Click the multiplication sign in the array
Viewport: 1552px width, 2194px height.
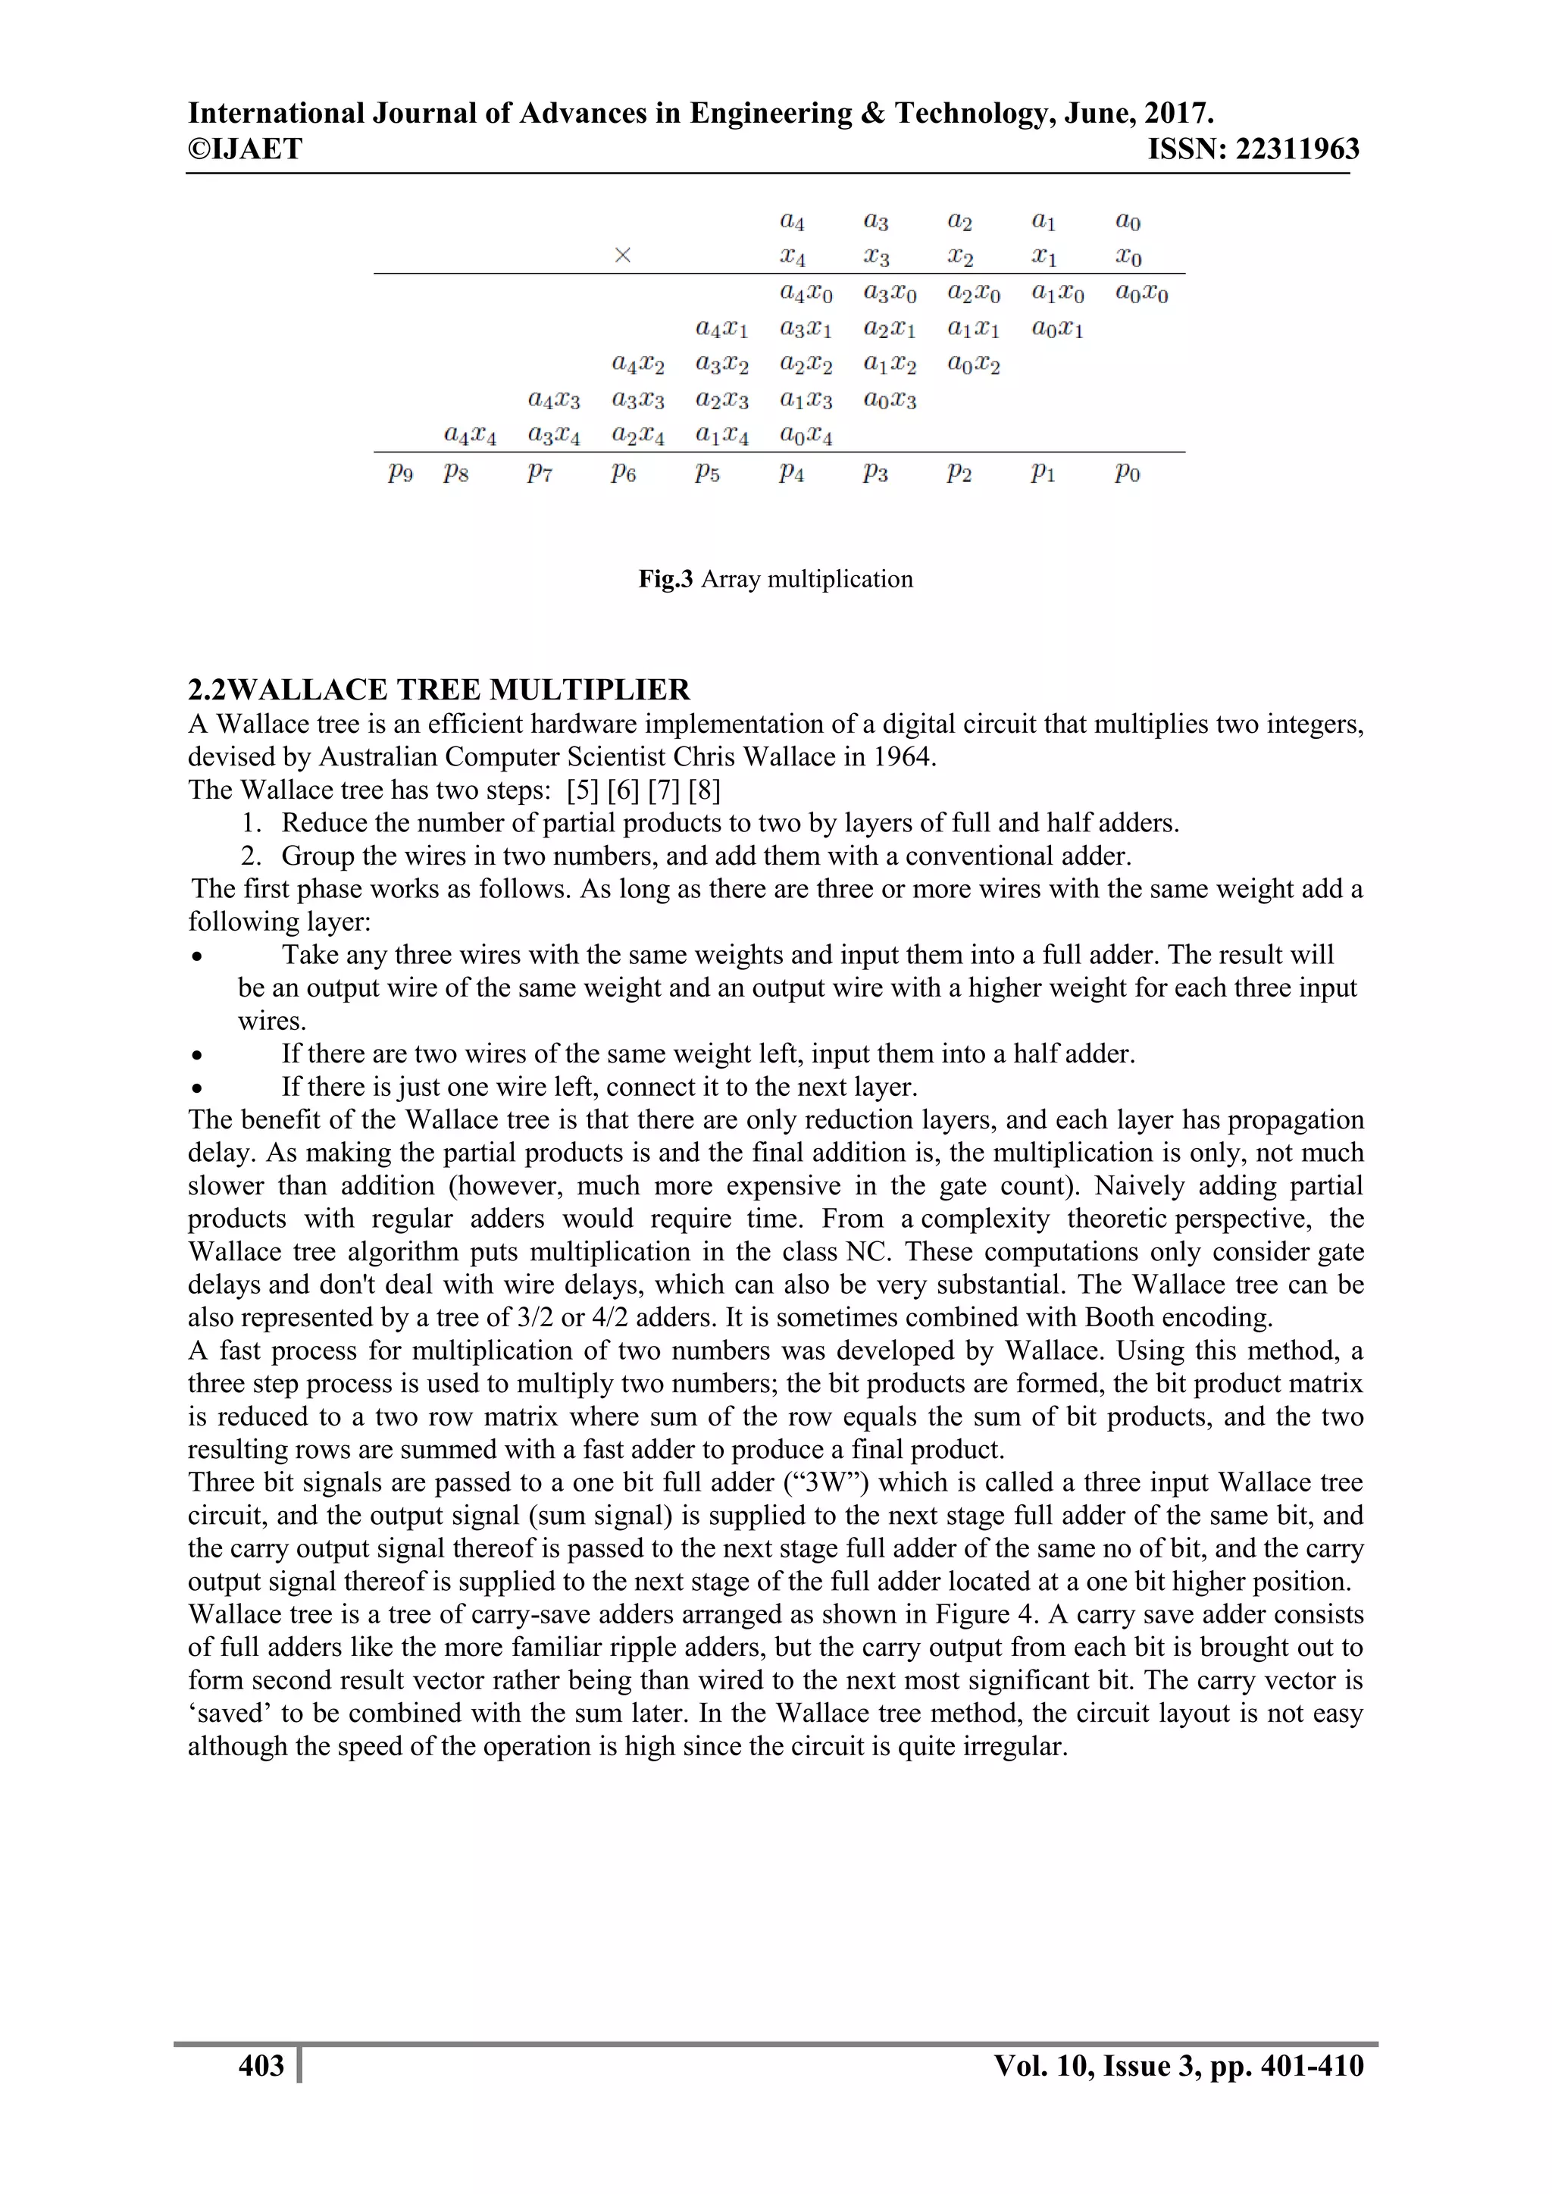click(x=623, y=255)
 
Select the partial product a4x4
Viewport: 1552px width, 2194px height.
click(x=470, y=437)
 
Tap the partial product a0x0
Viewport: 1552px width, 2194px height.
click(x=1142, y=294)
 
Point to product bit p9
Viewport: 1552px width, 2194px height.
click(x=400, y=473)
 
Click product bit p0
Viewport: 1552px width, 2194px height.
click(x=1128, y=473)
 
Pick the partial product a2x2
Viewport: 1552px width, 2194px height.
click(x=806, y=365)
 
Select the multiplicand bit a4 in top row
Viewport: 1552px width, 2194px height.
click(x=792, y=222)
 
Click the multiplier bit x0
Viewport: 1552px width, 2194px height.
click(x=1128, y=257)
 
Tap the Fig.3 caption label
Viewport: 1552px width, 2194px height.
click(x=665, y=579)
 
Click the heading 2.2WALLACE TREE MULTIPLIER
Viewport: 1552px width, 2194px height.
click(x=439, y=690)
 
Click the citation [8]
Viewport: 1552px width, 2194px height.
click(x=704, y=790)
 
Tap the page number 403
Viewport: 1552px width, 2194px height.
click(x=261, y=2066)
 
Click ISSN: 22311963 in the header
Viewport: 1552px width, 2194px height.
click(x=1253, y=149)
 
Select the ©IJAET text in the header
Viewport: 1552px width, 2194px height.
click(x=246, y=149)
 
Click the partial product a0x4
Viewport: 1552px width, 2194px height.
click(x=806, y=437)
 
